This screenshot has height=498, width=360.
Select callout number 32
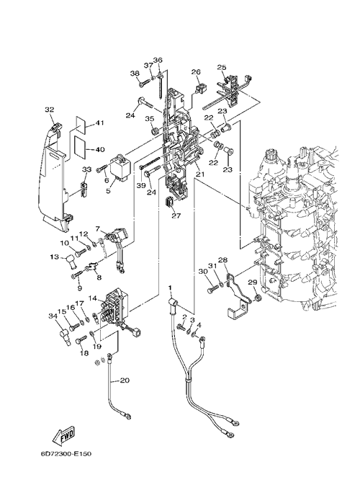click(x=49, y=110)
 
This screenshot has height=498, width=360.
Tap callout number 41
click(x=100, y=123)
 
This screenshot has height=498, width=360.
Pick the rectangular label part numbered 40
click(x=80, y=147)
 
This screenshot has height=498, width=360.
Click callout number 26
click(x=196, y=72)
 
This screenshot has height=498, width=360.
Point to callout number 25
click(x=222, y=67)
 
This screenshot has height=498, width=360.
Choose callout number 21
click(x=200, y=174)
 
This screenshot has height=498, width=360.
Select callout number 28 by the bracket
click(x=223, y=260)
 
